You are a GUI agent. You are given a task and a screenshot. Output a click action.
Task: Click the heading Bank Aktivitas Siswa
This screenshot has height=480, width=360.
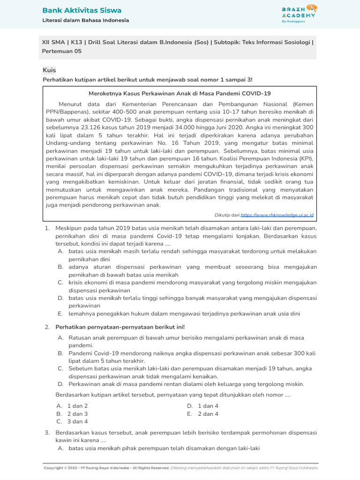click(x=82, y=10)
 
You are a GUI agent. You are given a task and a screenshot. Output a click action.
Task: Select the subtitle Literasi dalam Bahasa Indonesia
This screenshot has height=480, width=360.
click(x=86, y=20)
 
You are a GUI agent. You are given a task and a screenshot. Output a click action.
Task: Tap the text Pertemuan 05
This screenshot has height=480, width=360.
click(x=62, y=51)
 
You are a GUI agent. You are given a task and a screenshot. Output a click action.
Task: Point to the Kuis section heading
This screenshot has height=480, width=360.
click(x=49, y=70)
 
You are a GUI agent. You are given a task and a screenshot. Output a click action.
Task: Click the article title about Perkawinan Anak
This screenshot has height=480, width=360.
click(x=180, y=93)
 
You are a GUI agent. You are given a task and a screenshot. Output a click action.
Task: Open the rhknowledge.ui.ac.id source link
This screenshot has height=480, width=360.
click(x=277, y=215)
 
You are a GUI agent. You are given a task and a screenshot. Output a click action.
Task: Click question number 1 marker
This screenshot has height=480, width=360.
click(x=47, y=228)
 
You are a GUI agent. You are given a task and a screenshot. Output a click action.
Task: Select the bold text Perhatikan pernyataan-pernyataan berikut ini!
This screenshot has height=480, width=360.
click(x=120, y=327)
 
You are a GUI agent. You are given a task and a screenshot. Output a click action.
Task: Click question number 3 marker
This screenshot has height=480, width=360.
click(x=47, y=432)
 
